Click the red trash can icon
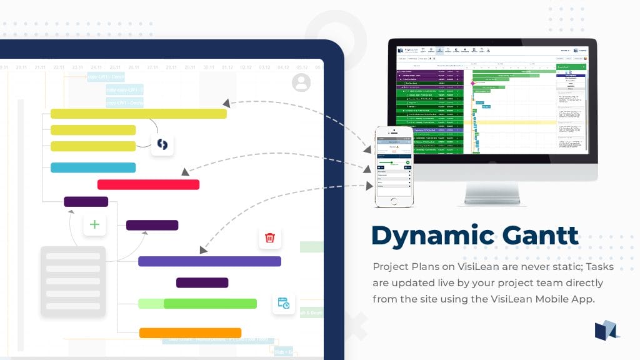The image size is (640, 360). coord(270,237)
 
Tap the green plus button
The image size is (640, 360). coord(94,224)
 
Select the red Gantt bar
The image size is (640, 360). coord(148,184)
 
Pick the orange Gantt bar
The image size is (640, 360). coord(190,333)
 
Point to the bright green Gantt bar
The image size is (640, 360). coord(210,304)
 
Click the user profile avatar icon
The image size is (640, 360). coord(301,82)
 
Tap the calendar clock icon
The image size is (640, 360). coord(283,304)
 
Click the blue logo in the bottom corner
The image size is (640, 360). coord(606,330)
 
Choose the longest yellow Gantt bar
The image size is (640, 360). coord(138,114)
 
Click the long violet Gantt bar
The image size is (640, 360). coord(209,261)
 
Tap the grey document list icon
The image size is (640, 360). coord(72,281)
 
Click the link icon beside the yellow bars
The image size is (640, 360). coord(162,144)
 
